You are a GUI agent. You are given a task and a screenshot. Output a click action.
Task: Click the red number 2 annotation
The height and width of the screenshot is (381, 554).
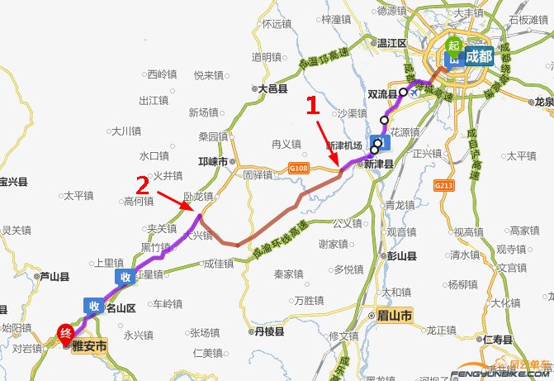pyautogui.click(x=143, y=183)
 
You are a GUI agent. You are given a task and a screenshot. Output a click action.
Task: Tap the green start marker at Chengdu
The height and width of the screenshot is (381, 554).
pyautogui.click(x=452, y=46)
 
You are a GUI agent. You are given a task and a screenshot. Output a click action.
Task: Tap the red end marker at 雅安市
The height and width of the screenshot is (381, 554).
pyautogui.click(x=65, y=334)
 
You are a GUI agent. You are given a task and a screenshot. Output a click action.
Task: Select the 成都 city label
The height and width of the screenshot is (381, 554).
pyautogui.click(x=478, y=57)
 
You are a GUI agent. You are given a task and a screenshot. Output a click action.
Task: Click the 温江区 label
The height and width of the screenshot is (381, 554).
pyautogui.click(x=391, y=42)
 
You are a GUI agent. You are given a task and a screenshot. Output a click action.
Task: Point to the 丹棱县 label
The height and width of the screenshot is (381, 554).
pyautogui.click(x=268, y=331)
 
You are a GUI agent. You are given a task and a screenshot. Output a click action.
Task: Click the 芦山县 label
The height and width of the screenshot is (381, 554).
pyautogui.click(x=54, y=277)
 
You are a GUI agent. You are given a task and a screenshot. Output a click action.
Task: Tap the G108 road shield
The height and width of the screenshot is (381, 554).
pyautogui.click(x=298, y=169)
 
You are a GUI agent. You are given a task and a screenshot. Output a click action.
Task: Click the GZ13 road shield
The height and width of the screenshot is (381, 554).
pyautogui.click(x=444, y=186)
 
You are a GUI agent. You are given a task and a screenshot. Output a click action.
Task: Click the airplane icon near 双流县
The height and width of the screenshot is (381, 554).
pyautogui.click(x=414, y=93)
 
